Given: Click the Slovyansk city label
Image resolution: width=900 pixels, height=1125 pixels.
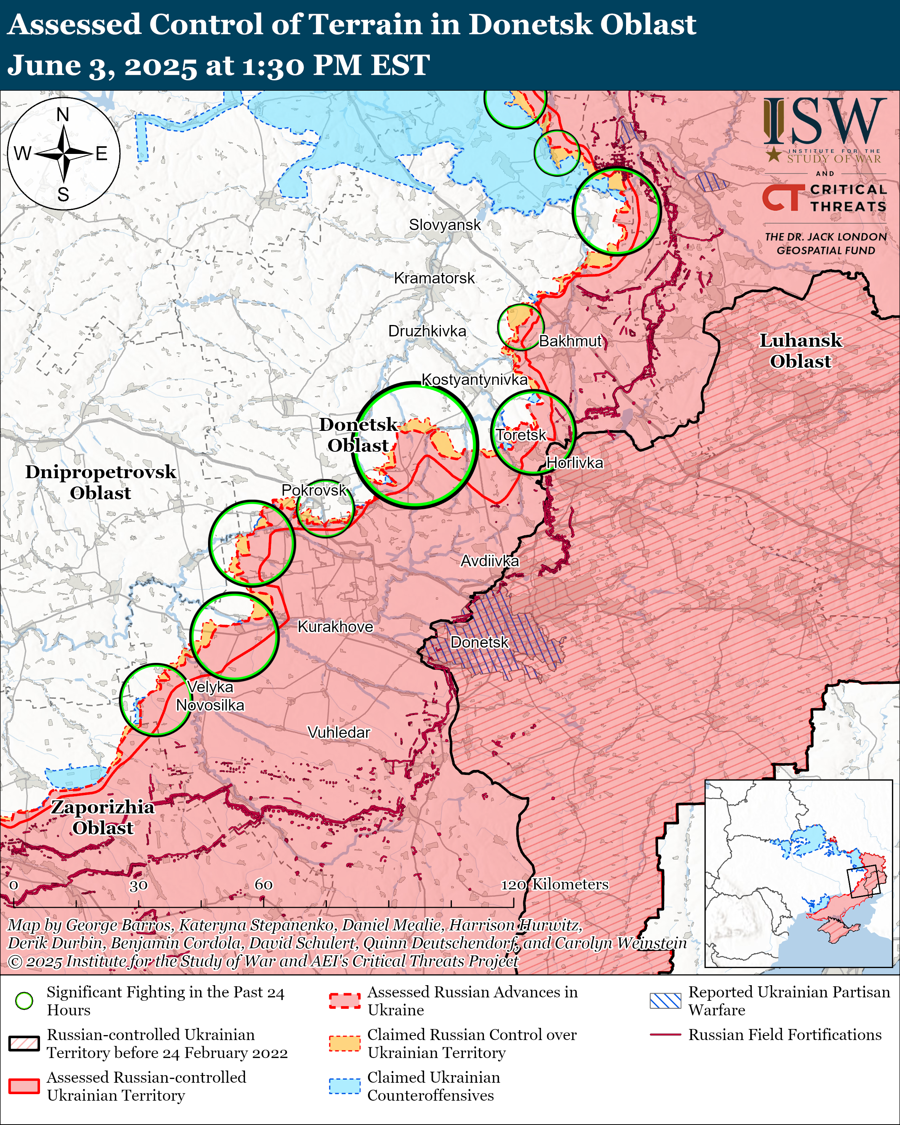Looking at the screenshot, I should tap(445, 225).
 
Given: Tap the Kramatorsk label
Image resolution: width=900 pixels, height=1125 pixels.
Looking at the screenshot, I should tap(434, 278).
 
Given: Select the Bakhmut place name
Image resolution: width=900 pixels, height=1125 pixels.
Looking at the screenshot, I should tap(570, 341).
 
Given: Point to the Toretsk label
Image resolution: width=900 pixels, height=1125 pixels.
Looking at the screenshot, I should tap(521, 435).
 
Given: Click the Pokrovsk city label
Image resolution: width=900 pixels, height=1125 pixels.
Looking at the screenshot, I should tap(314, 490).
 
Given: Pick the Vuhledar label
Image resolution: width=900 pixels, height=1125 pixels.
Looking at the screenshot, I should tap(339, 733).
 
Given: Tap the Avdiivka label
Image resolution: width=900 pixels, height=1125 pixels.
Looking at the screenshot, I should tap(489, 561).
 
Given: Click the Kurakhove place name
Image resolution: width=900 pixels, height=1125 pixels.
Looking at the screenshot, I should tap(335, 627).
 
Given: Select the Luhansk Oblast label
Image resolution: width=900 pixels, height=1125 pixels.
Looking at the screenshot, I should tap(800, 350).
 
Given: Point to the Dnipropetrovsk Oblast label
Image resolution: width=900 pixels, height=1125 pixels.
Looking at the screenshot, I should tap(101, 482).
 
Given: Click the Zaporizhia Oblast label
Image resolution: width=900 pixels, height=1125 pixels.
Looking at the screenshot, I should tap(103, 817).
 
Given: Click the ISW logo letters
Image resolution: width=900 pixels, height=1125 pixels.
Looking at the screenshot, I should tap(824, 122).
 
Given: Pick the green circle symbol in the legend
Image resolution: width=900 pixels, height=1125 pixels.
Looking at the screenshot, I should tap(24, 1000).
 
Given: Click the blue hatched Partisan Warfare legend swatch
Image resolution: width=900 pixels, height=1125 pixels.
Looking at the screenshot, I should tap(665, 1000).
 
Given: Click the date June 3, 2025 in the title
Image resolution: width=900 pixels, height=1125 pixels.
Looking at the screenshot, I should tap(102, 66).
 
